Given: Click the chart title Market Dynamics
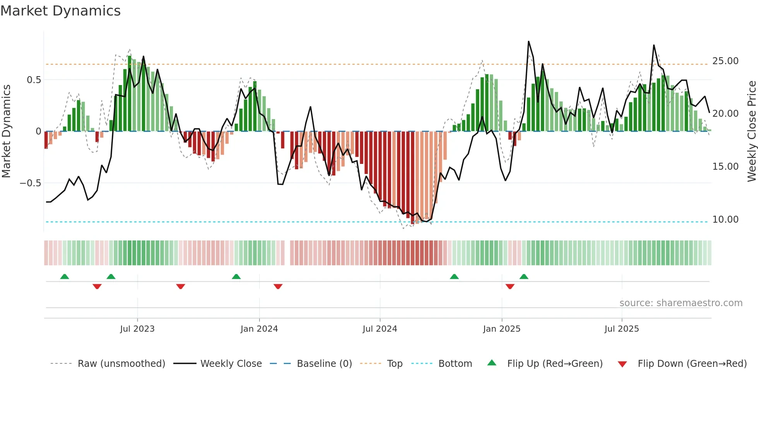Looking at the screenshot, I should click(x=60, y=11).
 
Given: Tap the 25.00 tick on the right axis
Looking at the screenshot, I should click(x=725, y=61).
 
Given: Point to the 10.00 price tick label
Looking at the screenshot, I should click(x=725, y=220).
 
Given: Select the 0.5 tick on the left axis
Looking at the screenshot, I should click(x=34, y=80).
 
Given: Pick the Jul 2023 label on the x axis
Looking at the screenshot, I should click(x=137, y=329).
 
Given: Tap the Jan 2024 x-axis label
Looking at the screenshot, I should click(x=259, y=329).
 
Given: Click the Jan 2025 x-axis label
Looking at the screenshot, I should click(x=502, y=329).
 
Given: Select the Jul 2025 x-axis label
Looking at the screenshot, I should click(x=621, y=329).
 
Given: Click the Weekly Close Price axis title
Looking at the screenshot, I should click(x=751, y=131).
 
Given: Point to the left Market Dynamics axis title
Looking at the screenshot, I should click(x=6, y=131).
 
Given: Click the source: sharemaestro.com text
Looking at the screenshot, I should click(x=681, y=303).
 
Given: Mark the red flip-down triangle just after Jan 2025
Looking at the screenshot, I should click(x=510, y=286).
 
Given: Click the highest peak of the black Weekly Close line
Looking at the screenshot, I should click(x=528, y=41).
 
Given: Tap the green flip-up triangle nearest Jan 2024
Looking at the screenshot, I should click(x=236, y=276).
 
